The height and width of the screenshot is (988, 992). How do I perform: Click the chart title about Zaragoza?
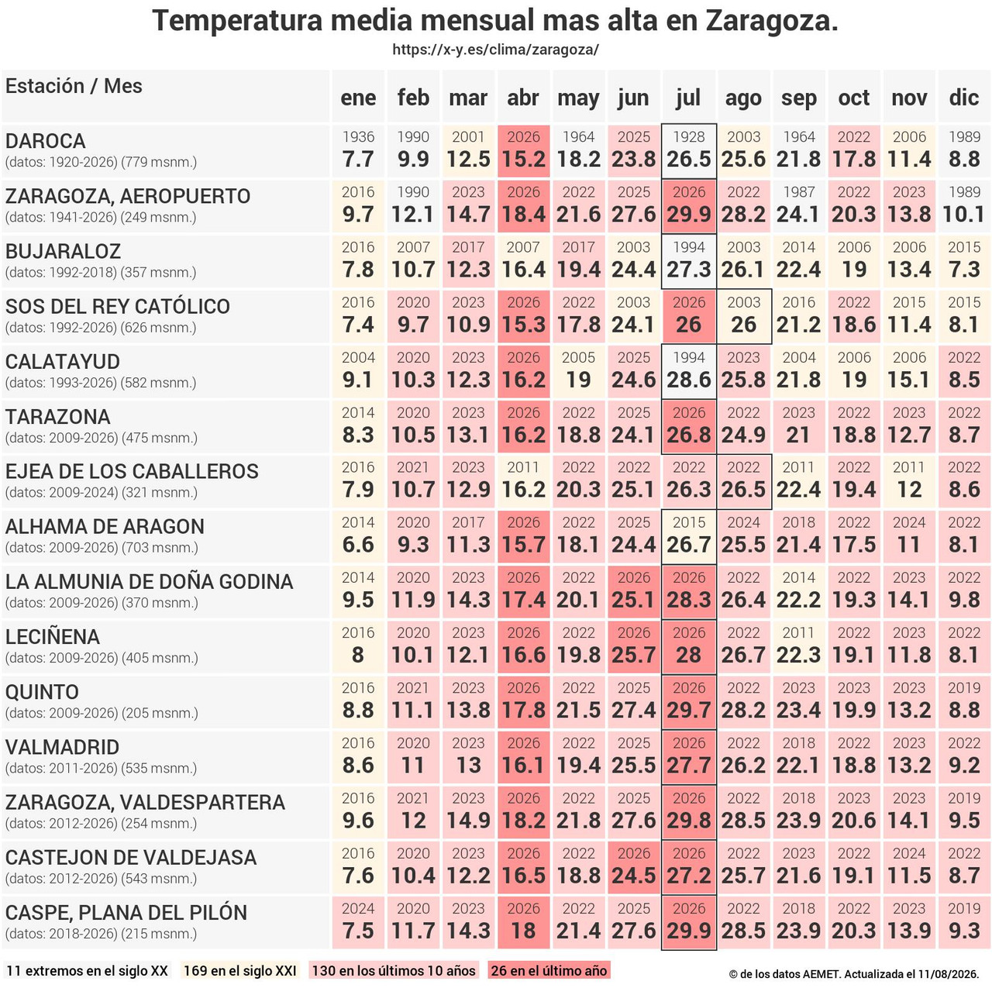click(x=495, y=21)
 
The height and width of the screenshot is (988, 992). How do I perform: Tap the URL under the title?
click(x=495, y=50)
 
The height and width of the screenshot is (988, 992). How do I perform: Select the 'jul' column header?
click(x=688, y=97)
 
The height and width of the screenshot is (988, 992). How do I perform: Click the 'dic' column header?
click(x=963, y=97)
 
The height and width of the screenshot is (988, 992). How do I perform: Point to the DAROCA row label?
click(x=45, y=141)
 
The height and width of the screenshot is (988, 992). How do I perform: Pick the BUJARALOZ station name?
click(x=63, y=251)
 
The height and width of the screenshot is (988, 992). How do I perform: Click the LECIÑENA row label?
click(x=53, y=637)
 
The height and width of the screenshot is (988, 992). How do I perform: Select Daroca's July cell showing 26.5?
click(x=689, y=151)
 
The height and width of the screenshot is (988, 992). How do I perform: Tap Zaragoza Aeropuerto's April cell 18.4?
click(x=524, y=206)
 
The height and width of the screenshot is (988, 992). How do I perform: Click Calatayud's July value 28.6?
click(x=689, y=371)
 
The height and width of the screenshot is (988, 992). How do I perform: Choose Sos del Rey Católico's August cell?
click(x=744, y=316)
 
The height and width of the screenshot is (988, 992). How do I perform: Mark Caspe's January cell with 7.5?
click(x=358, y=922)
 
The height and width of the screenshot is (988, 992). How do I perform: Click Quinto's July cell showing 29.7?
click(x=689, y=702)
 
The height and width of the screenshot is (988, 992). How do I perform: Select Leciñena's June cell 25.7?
click(x=634, y=646)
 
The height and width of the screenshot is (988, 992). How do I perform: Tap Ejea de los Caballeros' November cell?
click(x=909, y=481)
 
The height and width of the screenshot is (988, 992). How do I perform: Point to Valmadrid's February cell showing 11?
click(x=413, y=757)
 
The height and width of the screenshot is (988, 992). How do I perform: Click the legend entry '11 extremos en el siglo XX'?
click(x=87, y=970)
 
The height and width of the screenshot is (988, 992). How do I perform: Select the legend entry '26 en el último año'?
click(x=549, y=970)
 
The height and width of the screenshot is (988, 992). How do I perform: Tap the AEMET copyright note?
click(x=854, y=974)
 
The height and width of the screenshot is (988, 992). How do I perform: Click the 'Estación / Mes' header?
click(x=74, y=86)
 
